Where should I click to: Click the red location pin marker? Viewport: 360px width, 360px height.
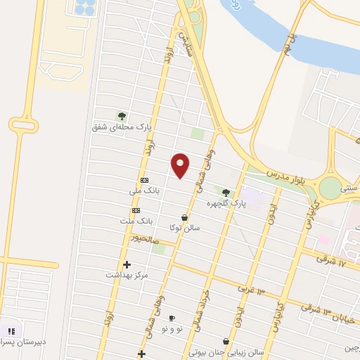click(181, 166)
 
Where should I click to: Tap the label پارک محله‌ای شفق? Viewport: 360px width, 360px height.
click(122, 127)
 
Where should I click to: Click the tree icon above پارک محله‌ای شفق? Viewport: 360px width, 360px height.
click(122, 116)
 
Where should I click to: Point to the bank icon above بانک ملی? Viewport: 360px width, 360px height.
click(144, 179)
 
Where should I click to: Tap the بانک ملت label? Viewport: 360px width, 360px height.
click(136, 221)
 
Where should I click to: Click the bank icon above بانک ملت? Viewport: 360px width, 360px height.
click(136, 210)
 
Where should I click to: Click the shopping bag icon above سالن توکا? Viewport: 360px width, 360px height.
click(184, 217)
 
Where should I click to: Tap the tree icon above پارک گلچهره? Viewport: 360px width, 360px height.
click(226, 192)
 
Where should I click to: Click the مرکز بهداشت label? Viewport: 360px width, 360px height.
click(127, 275)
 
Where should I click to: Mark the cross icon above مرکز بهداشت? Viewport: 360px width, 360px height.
click(127, 264)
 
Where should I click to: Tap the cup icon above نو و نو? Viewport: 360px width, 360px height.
click(172, 319)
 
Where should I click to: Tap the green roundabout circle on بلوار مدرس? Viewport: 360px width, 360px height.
click(329, 188)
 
